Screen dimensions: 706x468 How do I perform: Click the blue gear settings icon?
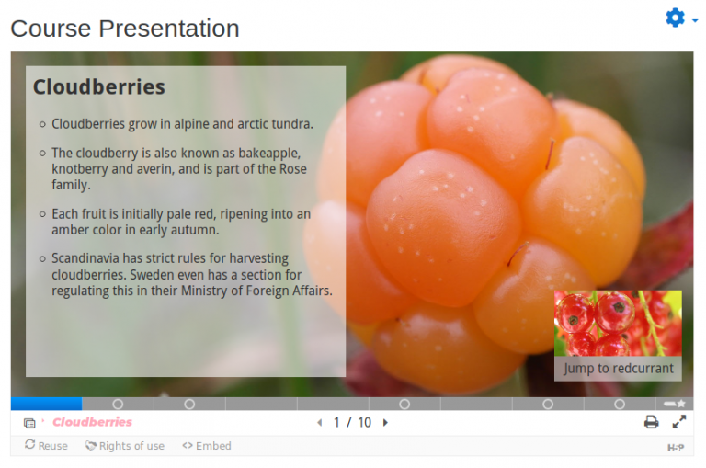click(675, 18)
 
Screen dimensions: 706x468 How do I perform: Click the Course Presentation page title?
click(125, 29)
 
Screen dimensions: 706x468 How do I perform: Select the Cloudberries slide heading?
click(99, 86)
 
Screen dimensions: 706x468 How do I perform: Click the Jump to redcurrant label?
click(618, 369)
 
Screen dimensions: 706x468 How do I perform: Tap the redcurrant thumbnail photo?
click(618, 324)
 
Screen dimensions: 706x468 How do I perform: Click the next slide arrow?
click(385, 423)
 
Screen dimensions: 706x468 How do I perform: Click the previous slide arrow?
click(320, 423)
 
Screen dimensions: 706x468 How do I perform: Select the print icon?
click(651, 422)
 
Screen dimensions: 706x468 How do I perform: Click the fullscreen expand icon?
click(679, 422)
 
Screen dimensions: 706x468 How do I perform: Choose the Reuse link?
click(46, 446)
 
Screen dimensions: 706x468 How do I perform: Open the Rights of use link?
click(125, 446)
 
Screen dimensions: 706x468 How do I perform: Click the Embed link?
click(207, 446)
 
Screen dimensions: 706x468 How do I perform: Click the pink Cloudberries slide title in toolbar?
click(92, 422)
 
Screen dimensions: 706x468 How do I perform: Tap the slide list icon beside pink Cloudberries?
click(29, 423)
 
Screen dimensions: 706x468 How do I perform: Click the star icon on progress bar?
click(681, 404)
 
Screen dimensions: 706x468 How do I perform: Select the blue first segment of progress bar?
click(46, 404)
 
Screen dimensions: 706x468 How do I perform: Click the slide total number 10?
click(365, 423)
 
